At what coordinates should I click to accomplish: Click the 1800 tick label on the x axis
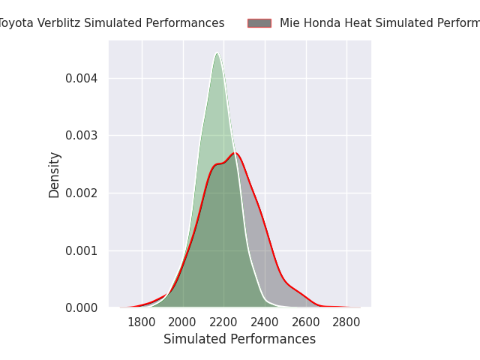[x=142, y=322]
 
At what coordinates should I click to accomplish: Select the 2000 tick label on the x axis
[x=183, y=322]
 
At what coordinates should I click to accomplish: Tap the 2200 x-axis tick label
[x=223, y=322]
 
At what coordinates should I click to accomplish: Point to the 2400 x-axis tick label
[x=265, y=322]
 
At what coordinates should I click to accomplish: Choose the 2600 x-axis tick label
[x=305, y=322]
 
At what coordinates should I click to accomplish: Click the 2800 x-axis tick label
[x=346, y=322]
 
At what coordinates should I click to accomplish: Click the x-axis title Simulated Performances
[x=239, y=340]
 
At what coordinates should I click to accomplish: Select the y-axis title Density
[x=55, y=175]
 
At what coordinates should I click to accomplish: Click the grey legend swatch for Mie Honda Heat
[x=259, y=23]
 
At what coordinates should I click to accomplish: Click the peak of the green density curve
[x=217, y=53]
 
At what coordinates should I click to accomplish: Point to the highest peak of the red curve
[x=235, y=153]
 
